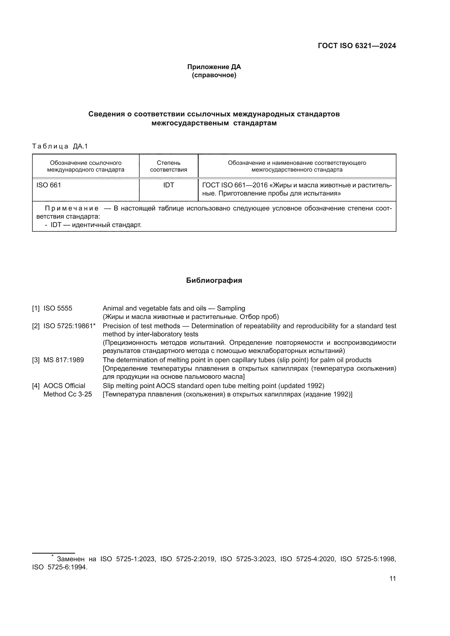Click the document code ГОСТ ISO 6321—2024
point(357,46)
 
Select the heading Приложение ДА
point(214,67)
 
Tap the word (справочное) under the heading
point(214,75)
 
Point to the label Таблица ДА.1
point(60,146)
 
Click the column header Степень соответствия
point(168,166)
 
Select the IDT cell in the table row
point(168,185)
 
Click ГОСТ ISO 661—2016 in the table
point(235,185)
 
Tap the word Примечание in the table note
point(72,208)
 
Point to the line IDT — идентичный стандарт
point(95,225)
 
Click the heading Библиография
point(214,280)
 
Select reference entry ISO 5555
point(58,308)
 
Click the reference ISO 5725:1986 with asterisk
point(69,326)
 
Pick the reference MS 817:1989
point(63,360)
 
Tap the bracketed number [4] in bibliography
point(36,386)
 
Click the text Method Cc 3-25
point(68,394)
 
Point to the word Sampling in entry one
point(231,308)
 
